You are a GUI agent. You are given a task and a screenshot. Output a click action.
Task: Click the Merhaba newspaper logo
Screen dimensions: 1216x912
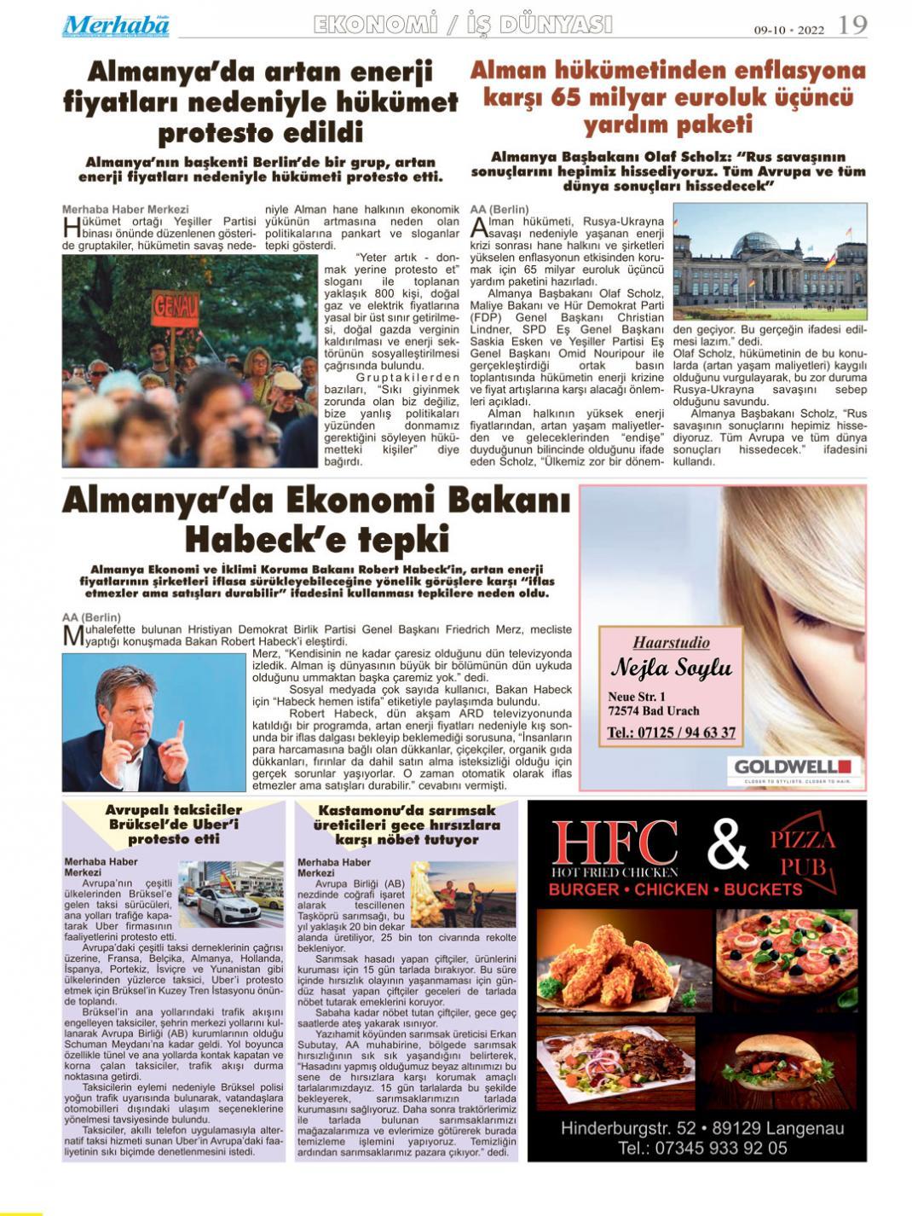(115, 26)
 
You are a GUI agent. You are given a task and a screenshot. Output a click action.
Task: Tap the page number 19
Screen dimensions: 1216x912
(852, 25)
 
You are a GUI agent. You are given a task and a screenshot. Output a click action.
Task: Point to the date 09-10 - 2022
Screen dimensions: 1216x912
(788, 30)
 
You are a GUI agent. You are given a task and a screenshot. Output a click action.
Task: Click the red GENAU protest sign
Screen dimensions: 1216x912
(176, 304)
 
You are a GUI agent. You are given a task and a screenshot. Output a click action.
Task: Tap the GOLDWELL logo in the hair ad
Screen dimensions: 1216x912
(793, 767)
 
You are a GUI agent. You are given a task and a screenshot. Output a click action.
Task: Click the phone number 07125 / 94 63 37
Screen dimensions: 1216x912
(672, 732)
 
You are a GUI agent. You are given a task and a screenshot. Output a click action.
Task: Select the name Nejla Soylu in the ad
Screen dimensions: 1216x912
(672, 667)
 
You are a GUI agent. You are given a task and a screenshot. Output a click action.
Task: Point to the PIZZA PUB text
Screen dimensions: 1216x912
(803, 853)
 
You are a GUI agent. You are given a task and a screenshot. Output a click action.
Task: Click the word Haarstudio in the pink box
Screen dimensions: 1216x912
(671, 643)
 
